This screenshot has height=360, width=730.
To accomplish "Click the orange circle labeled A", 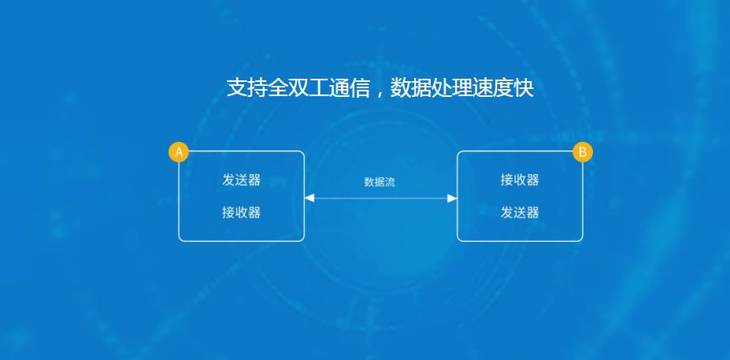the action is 179,152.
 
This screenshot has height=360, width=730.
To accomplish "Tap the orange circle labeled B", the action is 583,152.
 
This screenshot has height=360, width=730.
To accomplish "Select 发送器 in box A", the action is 241,180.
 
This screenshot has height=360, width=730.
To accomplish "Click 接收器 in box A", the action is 241,213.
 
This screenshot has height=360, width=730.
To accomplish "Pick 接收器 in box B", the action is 520,180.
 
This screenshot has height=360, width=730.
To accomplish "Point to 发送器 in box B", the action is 520,213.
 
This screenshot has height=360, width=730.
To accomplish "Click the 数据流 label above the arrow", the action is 380,182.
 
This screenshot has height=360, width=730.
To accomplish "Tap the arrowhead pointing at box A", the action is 309,199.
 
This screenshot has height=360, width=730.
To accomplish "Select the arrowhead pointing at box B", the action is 452,199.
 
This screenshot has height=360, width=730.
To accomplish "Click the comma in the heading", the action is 379,94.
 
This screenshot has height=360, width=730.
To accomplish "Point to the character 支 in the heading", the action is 236,87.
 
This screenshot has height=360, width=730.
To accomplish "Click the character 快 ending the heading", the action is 524,87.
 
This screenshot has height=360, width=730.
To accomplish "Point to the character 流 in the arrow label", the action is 390,182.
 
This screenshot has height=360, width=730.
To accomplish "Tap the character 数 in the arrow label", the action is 369,182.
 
